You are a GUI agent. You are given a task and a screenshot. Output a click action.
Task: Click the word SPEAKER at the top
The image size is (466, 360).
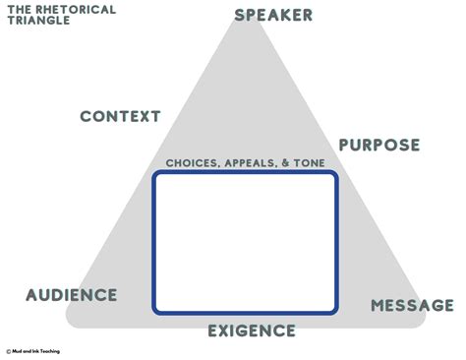pyautogui.click(x=273, y=15)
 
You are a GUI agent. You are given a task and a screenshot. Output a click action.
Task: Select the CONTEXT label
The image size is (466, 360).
pyautogui.click(x=120, y=116)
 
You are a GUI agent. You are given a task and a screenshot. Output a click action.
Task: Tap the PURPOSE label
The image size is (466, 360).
pyautogui.click(x=379, y=146)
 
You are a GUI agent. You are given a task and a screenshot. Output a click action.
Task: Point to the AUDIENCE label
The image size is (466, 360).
pyautogui.click(x=72, y=295)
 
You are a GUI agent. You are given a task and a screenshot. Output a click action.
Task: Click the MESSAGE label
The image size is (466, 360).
pyautogui.click(x=412, y=306)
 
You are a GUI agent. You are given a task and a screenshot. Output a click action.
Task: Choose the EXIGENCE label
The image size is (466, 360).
pyautogui.click(x=252, y=330)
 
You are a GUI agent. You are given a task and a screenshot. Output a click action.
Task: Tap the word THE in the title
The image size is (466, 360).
pyautogui.click(x=17, y=9)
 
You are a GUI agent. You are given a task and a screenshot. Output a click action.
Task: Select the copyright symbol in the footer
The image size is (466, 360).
pyautogui.click(x=8, y=350)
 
